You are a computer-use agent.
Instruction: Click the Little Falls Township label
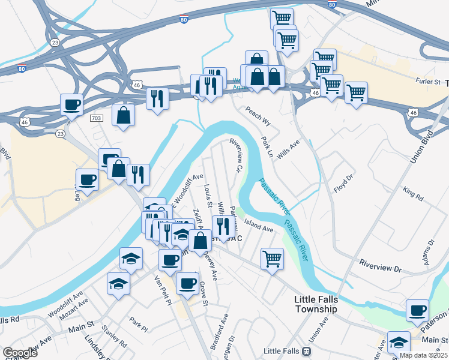316,304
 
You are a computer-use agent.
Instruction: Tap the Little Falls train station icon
307,350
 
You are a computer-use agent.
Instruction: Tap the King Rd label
413,195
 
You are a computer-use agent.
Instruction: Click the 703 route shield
97,119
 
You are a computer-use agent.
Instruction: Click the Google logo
20,352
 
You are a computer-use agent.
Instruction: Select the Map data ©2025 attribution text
423,355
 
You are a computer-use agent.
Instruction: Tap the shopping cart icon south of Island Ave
272,259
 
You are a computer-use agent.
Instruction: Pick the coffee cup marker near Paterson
417,310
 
